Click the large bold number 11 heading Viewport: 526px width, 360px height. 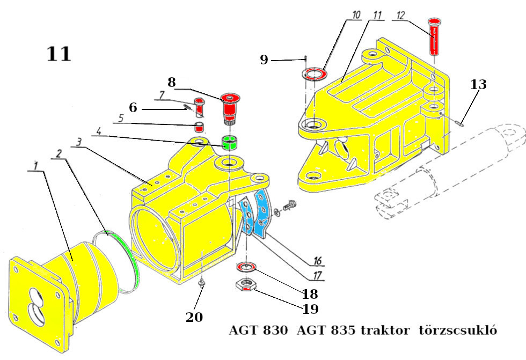click(59, 54)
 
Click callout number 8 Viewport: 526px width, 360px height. click(172, 83)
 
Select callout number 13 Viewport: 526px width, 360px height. click(479, 84)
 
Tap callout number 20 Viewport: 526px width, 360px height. click(194, 317)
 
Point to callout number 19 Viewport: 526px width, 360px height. click(310, 309)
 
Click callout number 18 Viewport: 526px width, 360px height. click(310, 293)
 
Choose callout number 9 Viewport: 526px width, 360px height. click(264, 60)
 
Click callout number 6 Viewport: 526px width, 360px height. click(133, 108)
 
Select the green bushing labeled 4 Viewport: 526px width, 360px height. click(230, 143)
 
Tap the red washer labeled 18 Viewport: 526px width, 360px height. click(246, 267)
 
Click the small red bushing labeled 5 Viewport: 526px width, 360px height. click(199, 128)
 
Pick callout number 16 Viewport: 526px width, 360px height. click(317, 261)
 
